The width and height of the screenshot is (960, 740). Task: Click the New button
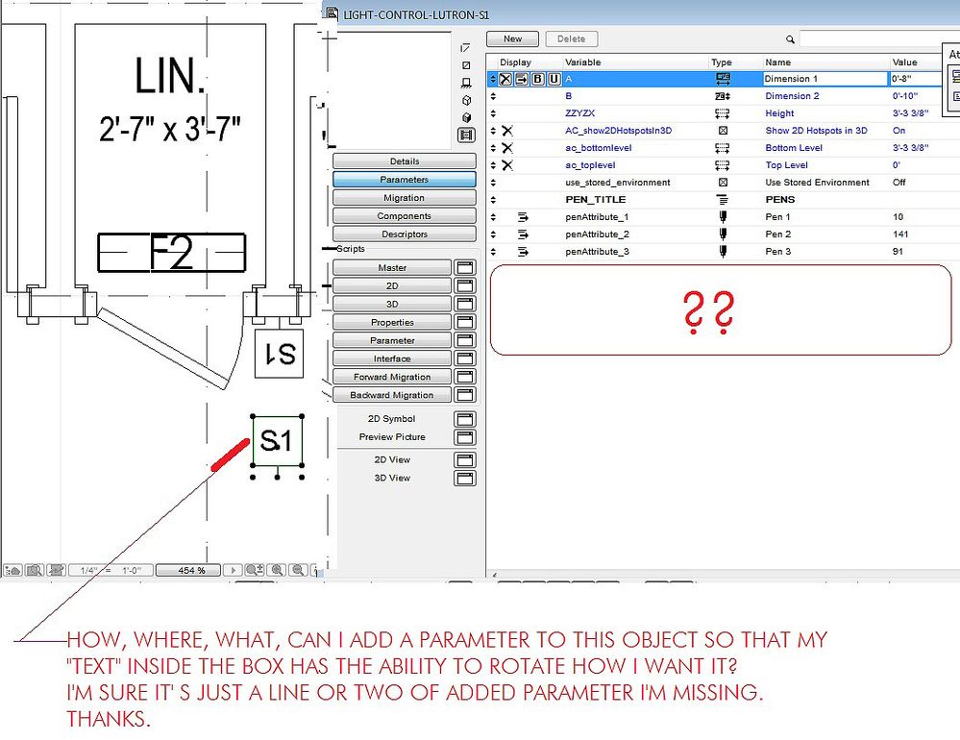(x=512, y=38)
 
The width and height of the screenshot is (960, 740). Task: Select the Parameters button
(x=404, y=180)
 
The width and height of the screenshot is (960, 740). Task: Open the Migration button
(x=404, y=198)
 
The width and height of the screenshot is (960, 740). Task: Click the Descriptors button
(x=404, y=234)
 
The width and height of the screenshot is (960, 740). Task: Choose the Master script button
(x=392, y=267)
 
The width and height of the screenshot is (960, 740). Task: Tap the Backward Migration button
(x=392, y=395)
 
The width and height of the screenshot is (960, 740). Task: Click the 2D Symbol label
(x=392, y=419)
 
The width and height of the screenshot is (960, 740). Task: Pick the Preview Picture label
(x=392, y=437)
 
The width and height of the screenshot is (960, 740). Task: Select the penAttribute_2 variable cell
(x=597, y=234)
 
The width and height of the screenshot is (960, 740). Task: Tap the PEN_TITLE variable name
(x=596, y=200)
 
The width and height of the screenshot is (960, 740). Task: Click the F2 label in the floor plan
(x=171, y=252)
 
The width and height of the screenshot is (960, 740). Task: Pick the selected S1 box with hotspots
(x=277, y=441)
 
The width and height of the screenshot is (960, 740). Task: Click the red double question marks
(x=709, y=310)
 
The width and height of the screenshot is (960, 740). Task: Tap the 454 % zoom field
(x=192, y=571)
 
